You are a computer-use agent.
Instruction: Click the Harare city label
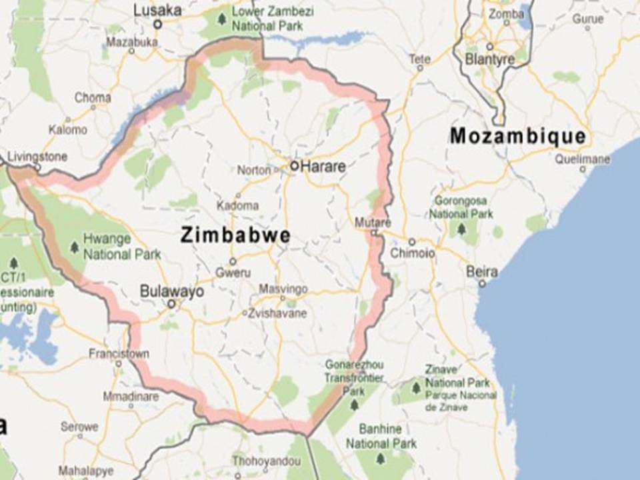[x=323, y=166]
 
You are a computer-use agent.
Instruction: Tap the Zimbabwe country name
[x=235, y=235]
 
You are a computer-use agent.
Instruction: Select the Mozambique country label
[x=518, y=137]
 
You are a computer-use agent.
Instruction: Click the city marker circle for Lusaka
[x=158, y=24]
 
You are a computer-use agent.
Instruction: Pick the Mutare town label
[x=373, y=221]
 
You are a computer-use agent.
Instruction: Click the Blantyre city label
[x=490, y=59]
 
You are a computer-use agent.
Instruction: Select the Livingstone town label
[x=37, y=157]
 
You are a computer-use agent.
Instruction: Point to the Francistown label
[x=119, y=353]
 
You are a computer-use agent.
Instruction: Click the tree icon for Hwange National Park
[x=74, y=247]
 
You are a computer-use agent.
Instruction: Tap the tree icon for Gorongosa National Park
[x=461, y=229]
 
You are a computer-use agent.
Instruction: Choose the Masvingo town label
[x=283, y=289]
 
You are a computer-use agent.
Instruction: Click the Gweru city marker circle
[x=233, y=261]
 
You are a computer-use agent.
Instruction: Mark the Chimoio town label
[x=413, y=253]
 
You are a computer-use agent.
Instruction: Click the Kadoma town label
[x=238, y=205]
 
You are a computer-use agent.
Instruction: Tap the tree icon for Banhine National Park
[x=380, y=459]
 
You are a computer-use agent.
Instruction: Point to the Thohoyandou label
[x=257, y=460]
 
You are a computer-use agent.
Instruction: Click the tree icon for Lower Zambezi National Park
[x=222, y=18]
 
